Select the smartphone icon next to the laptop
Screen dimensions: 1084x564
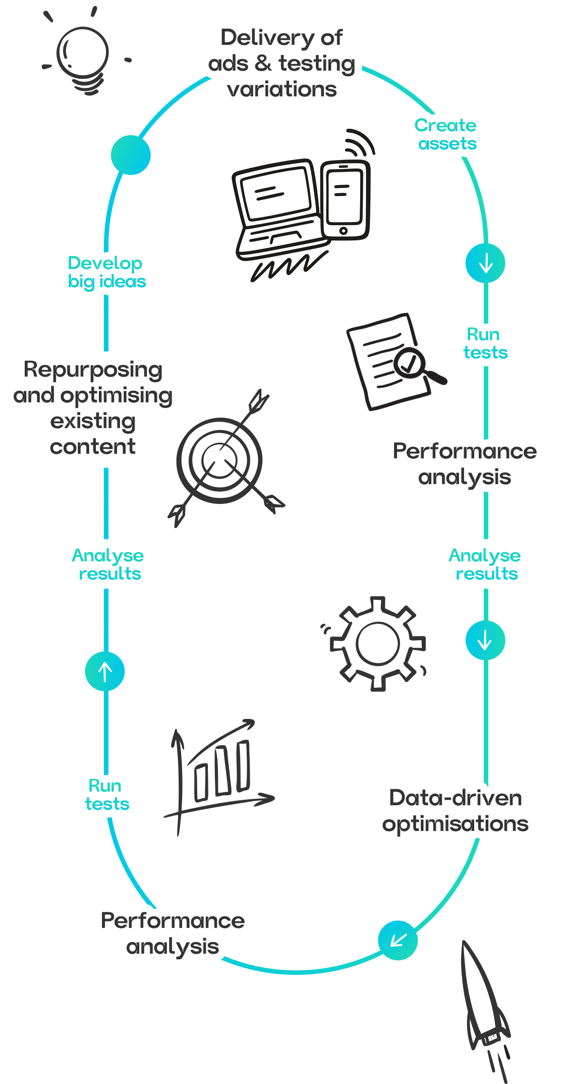[345, 200]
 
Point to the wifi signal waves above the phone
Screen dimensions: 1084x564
[359, 141]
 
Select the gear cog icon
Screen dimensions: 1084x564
[377, 644]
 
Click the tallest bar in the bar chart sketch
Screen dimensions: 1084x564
[243, 765]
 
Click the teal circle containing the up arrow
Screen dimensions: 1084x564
[105, 672]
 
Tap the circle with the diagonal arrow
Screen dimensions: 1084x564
[398, 940]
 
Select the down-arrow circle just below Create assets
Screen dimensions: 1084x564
[485, 263]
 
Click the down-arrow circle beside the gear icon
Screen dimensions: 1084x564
[485, 641]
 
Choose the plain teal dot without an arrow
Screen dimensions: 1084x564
[131, 155]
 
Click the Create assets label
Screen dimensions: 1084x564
[446, 134]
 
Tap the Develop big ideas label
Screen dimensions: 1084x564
[106, 272]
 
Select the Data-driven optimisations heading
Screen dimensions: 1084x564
[456, 811]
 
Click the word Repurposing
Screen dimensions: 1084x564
[93, 370]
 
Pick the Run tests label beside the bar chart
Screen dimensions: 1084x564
[106, 795]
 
